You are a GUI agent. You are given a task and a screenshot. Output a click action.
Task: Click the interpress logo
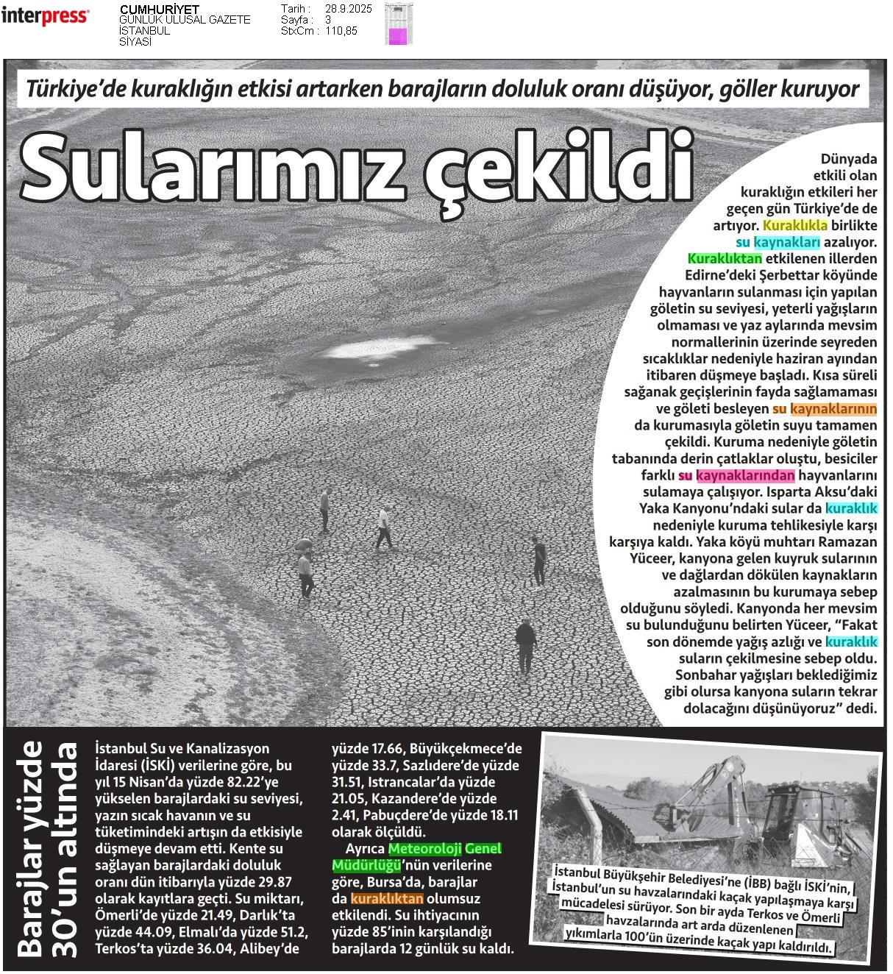pyautogui.click(x=45, y=16)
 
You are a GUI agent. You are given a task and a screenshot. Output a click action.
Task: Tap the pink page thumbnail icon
pyautogui.click(x=397, y=36)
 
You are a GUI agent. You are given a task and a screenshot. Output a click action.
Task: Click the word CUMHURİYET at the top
pyautogui.click(x=159, y=9)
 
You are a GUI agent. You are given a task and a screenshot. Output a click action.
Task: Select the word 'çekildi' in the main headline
pyautogui.click(x=559, y=166)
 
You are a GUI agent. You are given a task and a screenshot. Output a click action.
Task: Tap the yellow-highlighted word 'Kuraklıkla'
pyautogui.click(x=795, y=225)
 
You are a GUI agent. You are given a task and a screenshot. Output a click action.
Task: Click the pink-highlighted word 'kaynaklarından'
pyautogui.click(x=745, y=475)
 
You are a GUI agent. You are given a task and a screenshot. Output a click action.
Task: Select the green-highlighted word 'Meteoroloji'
pyautogui.click(x=425, y=849)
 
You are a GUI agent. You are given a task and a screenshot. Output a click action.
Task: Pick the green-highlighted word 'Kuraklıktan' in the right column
pyautogui.click(x=725, y=259)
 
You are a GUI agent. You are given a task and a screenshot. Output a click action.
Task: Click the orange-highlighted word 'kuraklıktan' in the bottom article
pyautogui.click(x=387, y=899)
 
